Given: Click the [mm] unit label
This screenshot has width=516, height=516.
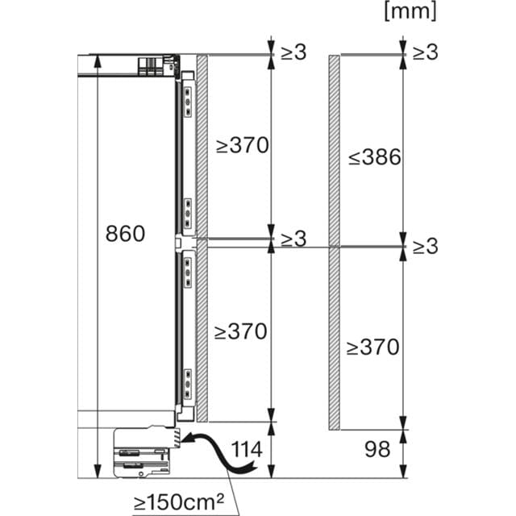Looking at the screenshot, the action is pyautogui.click(x=410, y=11).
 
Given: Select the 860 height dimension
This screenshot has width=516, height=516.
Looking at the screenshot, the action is pyautogui.click(x=125, y=234).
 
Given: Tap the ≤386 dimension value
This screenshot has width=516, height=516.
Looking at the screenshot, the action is pyautogui.click(x=375, y=157).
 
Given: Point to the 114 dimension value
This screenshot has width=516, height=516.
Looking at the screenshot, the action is pyautogui.click(x=247, y=449).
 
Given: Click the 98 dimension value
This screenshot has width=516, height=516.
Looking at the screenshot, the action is pyautogui.click(x=377, y=449).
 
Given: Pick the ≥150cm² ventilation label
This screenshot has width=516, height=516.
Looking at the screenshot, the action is pyautogui.click(x=179, y=501).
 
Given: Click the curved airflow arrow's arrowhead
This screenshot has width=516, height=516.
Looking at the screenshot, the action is pyautogui.click(x=188, y=439).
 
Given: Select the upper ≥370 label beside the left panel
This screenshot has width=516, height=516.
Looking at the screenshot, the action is pyautogui.click(x=242, y=145).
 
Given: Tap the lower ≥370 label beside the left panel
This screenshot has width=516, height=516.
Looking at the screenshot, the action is pyautogui.click(x=240, y=331).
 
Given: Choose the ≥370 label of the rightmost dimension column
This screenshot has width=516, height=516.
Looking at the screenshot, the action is pyautogui.click(x=372, y=347).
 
